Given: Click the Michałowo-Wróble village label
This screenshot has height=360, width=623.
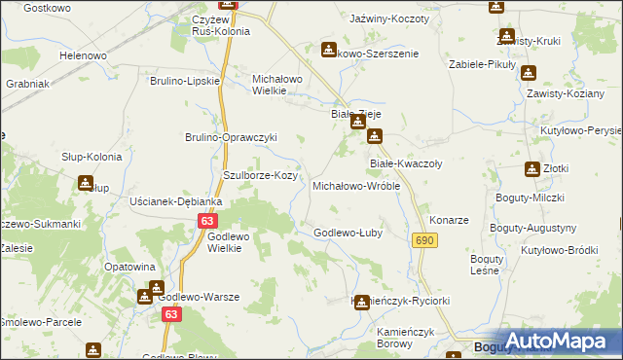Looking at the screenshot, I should coord(355,186).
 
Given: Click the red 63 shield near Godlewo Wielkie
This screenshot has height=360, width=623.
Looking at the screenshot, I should coord(205,221).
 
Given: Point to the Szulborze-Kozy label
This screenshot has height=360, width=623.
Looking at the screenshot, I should coord(260,175).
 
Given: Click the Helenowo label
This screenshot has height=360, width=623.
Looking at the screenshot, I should coord(83,55).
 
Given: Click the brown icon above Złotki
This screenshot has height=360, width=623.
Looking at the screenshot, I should coord(532,168).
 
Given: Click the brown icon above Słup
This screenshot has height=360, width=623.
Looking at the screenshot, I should coord(86,182).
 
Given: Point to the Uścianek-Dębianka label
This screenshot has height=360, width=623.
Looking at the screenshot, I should coord(175,201).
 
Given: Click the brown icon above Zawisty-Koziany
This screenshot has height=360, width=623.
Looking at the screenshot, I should coord(529,72).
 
